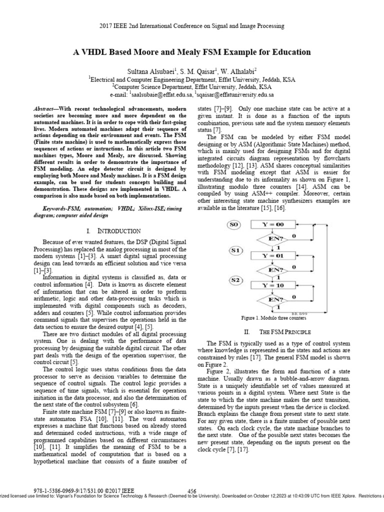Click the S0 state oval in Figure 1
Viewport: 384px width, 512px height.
click(234, 225)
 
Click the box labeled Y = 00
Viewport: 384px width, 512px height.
click(276, 225)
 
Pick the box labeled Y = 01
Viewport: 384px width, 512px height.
click(276, 255)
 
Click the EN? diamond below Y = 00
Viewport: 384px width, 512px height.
click(276, 239)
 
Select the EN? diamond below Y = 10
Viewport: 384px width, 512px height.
click(276, 299)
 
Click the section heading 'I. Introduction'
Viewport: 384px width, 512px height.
click(113, 231)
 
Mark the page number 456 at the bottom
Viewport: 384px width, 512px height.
click(191, 491)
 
